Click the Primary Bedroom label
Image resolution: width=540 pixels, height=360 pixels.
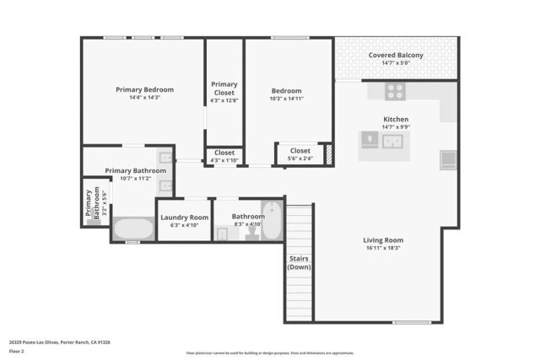[144, 89]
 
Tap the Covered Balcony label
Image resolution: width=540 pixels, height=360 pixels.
[396, 56]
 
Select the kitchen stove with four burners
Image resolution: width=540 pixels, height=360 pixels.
[395, 90]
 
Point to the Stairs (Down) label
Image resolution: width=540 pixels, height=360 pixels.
[299, 262]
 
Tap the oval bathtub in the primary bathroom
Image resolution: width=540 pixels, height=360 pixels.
[132, 228]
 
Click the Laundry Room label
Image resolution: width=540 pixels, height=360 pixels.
[184, 217]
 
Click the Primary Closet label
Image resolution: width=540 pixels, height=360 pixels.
[224, 89]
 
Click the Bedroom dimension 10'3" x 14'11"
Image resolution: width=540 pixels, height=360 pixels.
[286, 99]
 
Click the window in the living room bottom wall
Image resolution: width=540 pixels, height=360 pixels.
[411, 322]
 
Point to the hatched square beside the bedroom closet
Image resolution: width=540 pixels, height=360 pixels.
[329, 154]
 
